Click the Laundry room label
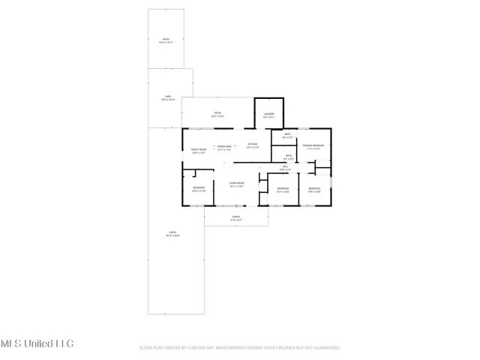tap(268, 115)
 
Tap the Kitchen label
tap(253, 144)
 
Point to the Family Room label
tap(198, 151)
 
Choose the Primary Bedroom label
tap(313, 145)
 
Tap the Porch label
tap(236, 217)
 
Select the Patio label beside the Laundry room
tap(217, 113)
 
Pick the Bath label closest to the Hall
tap(289, 156)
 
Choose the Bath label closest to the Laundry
tap(287, 135)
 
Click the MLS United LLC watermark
tap(37, 343)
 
